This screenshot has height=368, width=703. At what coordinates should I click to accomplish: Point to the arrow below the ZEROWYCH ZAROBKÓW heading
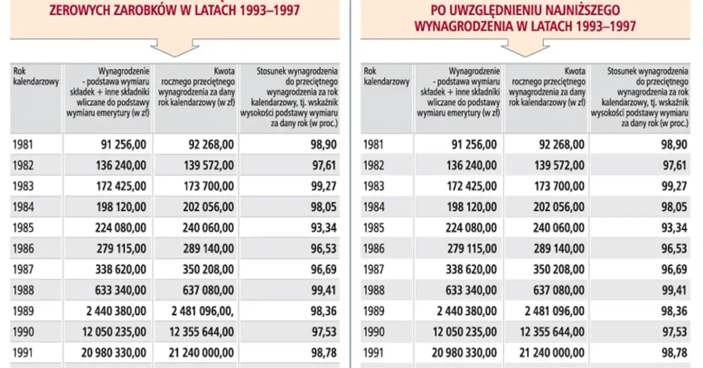[x=175, y=47]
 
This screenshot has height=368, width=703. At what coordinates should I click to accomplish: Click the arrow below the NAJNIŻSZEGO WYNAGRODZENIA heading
[x=525, y=47]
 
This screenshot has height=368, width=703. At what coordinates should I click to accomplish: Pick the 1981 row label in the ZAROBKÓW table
[x=23, y=144]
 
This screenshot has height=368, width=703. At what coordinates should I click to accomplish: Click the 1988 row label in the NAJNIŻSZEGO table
[x=373, y=290]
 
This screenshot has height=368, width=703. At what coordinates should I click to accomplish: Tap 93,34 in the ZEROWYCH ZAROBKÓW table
[x=324, y=228]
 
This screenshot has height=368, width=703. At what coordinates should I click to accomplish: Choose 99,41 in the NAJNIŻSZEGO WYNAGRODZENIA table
[x=675, y=290]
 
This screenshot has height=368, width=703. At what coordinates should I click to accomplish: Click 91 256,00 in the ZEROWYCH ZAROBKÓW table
[x=124, y=144]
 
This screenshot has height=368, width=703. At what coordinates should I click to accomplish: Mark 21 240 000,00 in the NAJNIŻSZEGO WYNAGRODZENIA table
[x=552, y=353]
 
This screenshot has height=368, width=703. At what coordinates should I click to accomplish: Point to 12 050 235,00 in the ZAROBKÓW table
[x=115, y=332]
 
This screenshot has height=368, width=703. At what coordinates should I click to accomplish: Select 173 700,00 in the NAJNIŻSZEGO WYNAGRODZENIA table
[x=559, y=186]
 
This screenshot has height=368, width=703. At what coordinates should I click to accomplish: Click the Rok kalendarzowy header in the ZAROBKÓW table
[x=36, y=76]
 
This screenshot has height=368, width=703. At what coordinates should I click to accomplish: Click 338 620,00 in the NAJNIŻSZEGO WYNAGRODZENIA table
[x=471, y=270]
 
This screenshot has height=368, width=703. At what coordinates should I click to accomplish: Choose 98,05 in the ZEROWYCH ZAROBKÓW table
[x=324, y=207]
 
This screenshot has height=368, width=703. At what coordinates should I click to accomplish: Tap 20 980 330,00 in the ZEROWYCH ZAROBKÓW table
[x=114, y=353]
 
